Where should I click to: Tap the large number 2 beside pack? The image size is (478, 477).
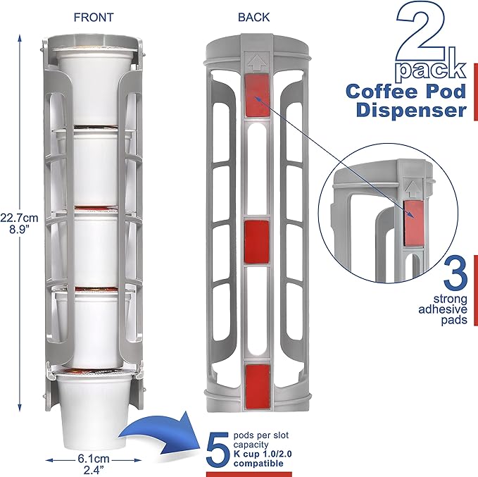pos(426,35)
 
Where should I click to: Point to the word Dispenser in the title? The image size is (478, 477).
pos(411,111)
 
